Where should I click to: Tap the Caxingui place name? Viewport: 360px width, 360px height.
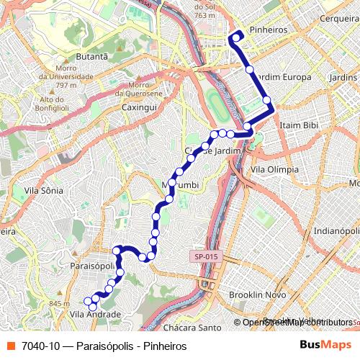[x=139, y=107]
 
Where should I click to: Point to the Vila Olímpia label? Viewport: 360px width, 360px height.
[x=272, y=169]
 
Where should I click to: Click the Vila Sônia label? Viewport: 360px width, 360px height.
[x=44, y=191]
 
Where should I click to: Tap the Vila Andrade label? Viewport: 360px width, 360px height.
[x=95, y=315]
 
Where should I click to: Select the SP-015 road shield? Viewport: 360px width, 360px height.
[x=204, y=256]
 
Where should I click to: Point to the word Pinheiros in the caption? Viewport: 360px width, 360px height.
[x=163, y=346]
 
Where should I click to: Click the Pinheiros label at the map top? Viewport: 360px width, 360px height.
[x=267, y=30]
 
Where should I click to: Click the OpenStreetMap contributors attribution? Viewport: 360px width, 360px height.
[x=296, y=323]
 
